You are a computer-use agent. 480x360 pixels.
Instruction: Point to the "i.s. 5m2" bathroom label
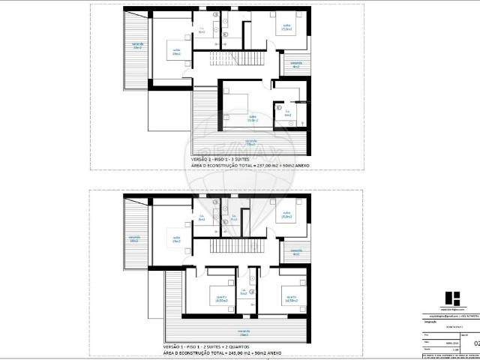(244, 293)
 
